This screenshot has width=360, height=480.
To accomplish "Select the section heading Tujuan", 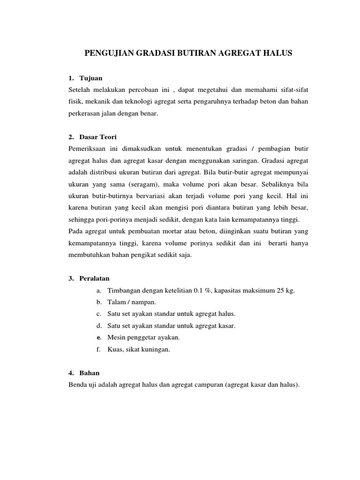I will (91, 77).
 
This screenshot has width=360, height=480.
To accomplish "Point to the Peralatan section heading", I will (95, 278).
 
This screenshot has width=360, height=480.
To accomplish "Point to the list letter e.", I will (99, 337).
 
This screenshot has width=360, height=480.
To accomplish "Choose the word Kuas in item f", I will (114, 349).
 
